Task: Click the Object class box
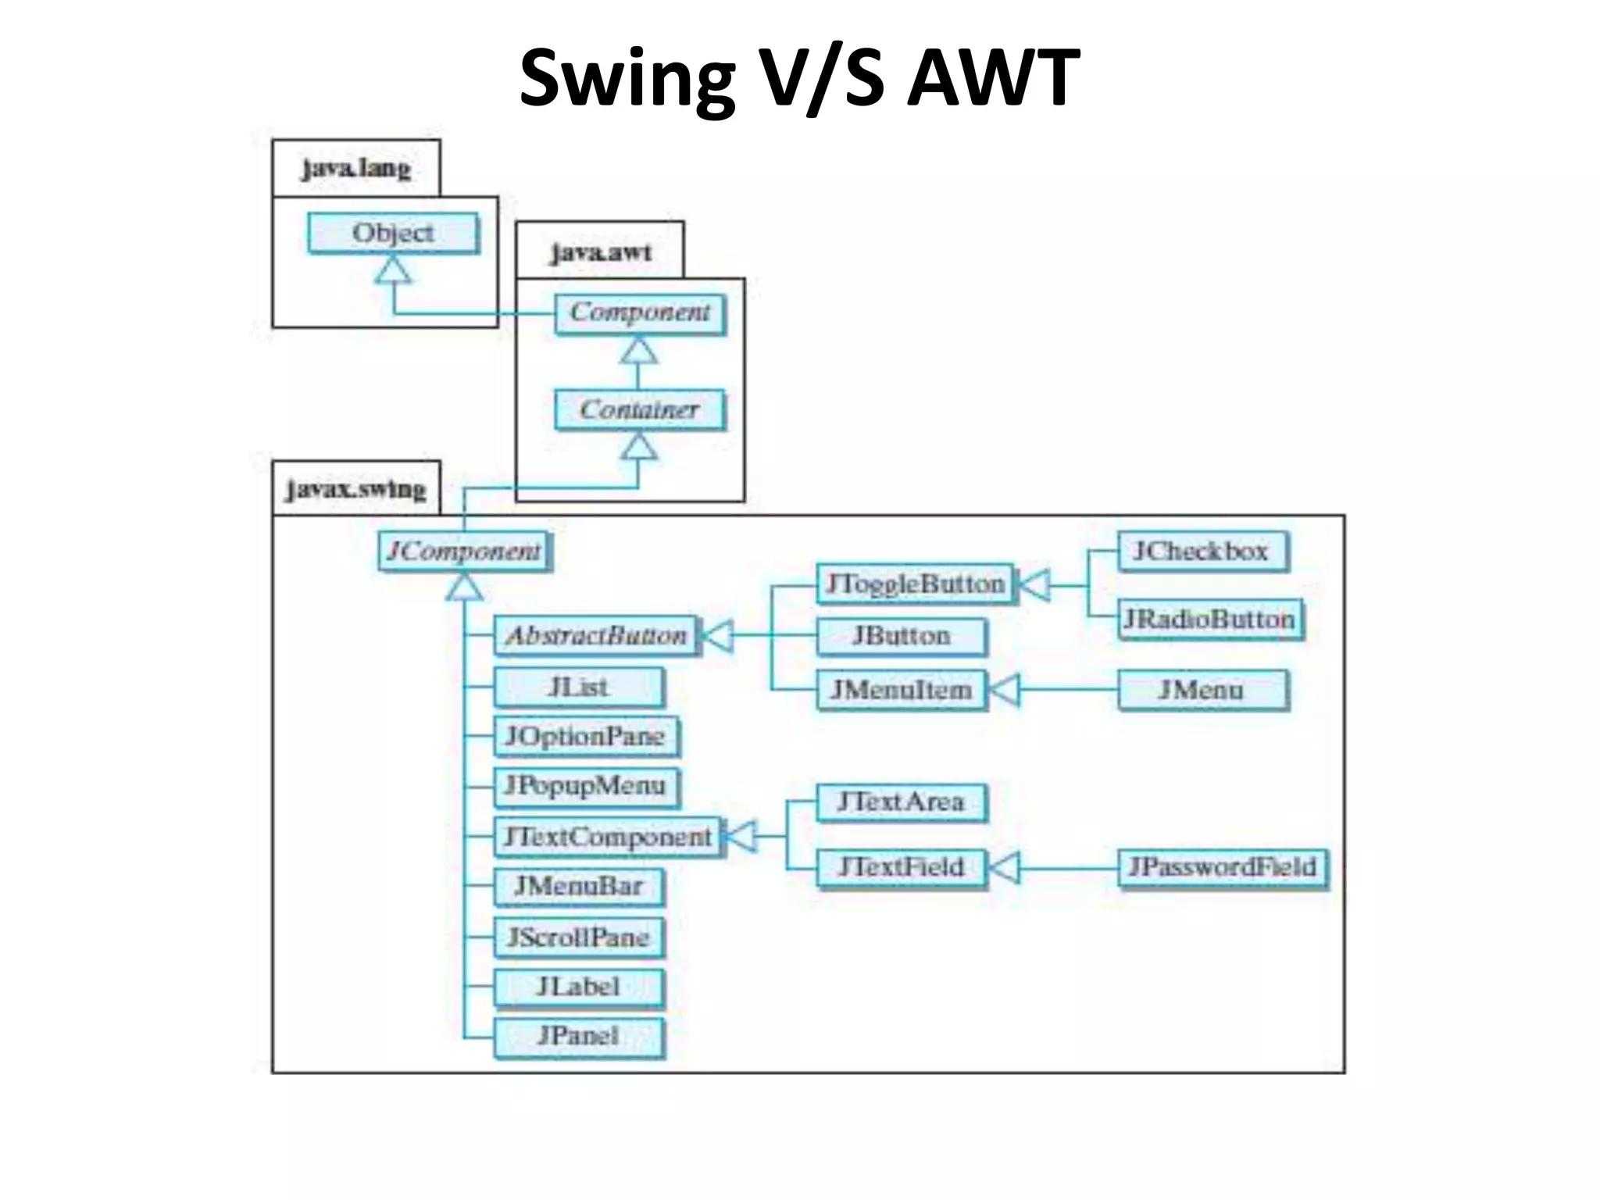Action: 393,233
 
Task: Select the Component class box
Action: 639,312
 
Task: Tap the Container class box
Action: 639,409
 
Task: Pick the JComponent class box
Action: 464,552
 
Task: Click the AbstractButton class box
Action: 596,636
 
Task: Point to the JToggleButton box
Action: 915,584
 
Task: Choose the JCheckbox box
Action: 1202,552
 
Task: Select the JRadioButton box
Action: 1210,620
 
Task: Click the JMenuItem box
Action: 901,690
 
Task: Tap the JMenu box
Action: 1202,690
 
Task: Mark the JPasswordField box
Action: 1223,867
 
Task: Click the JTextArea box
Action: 901,802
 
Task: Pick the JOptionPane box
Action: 585,736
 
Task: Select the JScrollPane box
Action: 578,937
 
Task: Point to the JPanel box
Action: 578,1036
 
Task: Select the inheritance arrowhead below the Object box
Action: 393,270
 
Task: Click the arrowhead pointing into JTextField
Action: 1004,867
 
